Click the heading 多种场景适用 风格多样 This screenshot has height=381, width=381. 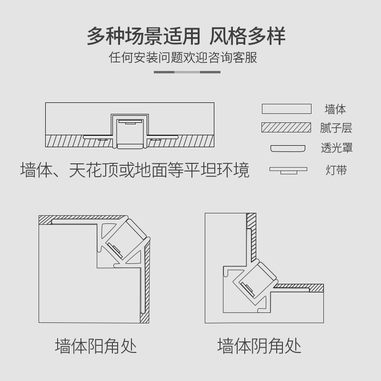point(186,37)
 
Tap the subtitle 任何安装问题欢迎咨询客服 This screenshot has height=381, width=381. point(183,58)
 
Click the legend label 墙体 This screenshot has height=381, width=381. point(335,109)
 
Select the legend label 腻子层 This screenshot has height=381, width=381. point(336,128)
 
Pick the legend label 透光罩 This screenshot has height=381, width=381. point(337,148)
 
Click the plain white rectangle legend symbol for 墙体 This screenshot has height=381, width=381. point(286,109)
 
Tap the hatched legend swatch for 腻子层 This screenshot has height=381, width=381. point(286,128)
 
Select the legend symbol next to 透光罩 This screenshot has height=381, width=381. point(287,148)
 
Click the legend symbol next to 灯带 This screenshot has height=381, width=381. point(288,170)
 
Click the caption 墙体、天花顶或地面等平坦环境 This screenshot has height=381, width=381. point(135,170)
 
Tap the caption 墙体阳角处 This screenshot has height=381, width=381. point(96,346)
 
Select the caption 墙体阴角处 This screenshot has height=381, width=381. point(260,346)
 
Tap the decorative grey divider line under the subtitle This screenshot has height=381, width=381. point(187,72)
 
